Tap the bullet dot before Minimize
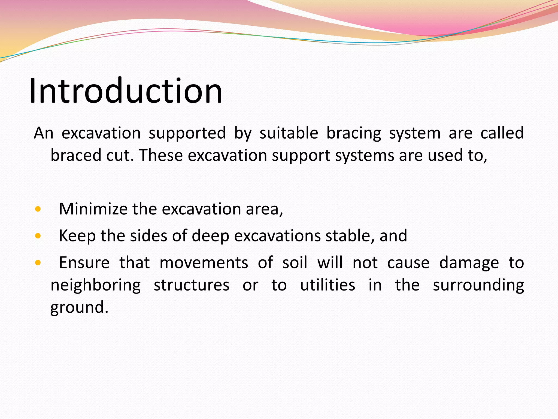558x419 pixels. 38,209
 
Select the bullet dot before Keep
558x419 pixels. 38,236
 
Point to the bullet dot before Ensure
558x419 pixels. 38,263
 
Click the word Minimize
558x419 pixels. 93,209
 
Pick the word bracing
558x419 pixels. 354,133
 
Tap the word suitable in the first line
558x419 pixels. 289,133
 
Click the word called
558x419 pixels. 502,133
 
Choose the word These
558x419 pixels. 161,155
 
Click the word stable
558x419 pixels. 350,236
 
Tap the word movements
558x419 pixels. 204,263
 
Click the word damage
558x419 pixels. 469,263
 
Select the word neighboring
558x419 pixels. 96,286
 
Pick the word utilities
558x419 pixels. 327,285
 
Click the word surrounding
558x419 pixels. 478,286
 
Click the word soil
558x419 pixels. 295,263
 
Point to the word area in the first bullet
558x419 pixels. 264,209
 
